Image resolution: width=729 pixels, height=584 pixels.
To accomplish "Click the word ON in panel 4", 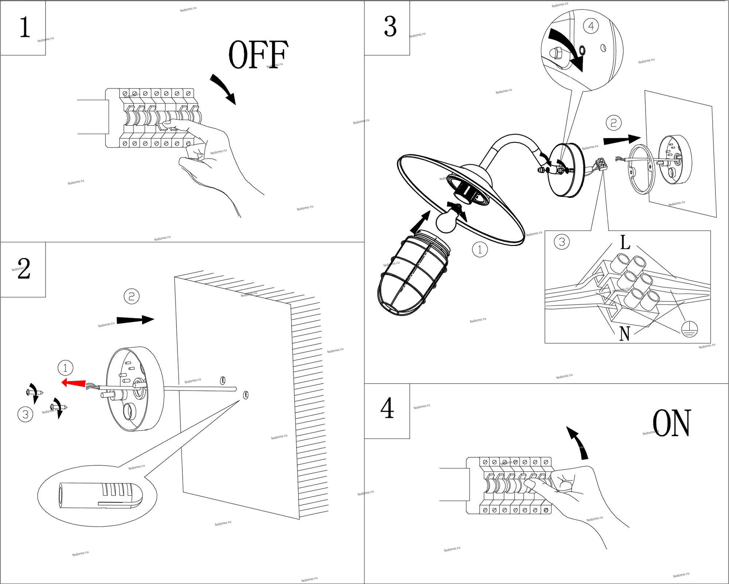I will click(x=671, y=423).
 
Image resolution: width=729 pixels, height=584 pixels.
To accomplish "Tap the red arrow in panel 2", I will click(x=74, y=383).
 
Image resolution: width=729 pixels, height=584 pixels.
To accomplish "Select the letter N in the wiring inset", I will click(x=624, y=333).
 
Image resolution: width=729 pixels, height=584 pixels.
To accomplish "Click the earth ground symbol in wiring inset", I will click(x=689, y=329).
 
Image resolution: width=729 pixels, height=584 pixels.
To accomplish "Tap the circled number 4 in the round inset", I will click(x=591, y=26).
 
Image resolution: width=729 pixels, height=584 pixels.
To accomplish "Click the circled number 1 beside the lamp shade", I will click(x=480, y=250).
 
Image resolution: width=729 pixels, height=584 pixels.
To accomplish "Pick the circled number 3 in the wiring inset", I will click(x=562, y=242).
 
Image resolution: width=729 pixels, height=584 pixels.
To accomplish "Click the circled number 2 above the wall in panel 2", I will click(x=132, y=296).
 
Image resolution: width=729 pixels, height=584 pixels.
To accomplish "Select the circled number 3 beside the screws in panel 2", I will click(x=26, y=414).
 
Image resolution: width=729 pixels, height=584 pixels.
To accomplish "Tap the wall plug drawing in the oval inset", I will click(x=100, y=494).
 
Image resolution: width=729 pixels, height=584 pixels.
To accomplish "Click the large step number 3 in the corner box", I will click(x=390, y=27).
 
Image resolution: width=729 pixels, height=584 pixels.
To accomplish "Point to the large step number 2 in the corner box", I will click(x=24, y=269).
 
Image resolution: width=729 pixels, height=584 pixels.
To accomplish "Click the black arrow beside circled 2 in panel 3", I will click(x=622, y=140).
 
